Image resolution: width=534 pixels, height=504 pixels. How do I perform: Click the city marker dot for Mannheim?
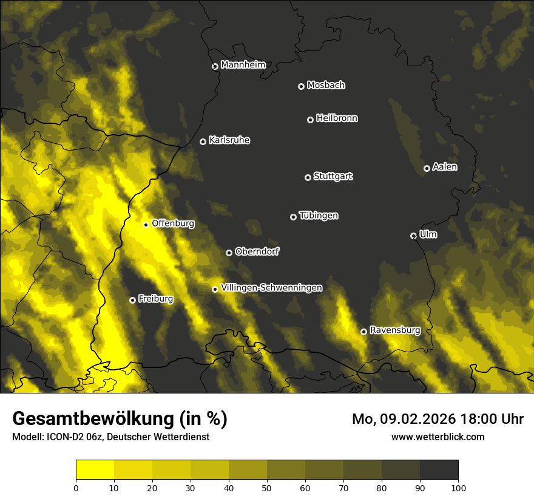coord(215,67)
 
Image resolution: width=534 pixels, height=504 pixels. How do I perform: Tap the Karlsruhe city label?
coord(229,140)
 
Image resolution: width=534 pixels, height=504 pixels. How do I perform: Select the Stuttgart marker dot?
coord(308,177)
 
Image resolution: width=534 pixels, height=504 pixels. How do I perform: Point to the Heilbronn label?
coord(337,118)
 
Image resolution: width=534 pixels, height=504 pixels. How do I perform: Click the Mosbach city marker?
coord(301,86)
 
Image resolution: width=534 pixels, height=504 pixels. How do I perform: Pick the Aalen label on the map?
coord(445,167)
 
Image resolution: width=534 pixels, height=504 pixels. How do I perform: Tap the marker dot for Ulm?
coord(413,236)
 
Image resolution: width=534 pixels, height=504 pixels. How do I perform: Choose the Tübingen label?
coord(319,216)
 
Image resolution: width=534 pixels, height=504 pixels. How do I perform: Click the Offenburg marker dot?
coord(146,225)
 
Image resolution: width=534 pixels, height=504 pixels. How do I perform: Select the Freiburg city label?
coord(155,299)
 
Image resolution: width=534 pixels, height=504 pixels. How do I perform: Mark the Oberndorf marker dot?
coord(229,253)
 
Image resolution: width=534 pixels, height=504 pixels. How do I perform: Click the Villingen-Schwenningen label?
coord(272,288)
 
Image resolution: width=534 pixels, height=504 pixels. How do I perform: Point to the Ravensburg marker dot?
coord(363,332)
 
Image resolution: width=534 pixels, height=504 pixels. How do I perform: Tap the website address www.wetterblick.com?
coord(438,437)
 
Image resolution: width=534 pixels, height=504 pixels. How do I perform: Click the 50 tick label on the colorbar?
coord(267,487)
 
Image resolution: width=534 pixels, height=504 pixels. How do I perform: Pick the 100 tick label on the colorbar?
coord(458,487)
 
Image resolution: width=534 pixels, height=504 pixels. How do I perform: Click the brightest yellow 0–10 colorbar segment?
coord(95,470)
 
